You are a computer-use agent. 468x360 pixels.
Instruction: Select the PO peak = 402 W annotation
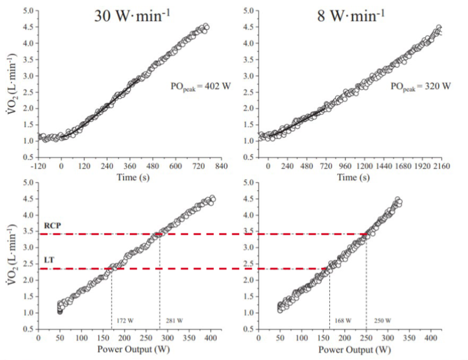tap(197, 86)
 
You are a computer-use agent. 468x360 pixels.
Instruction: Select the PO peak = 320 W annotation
tap(420, 86)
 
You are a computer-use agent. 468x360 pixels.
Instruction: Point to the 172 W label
tap(125, 320)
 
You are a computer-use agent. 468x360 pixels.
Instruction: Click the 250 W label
tap(379, 320)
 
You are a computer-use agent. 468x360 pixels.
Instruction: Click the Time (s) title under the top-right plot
tap(351, 177)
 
